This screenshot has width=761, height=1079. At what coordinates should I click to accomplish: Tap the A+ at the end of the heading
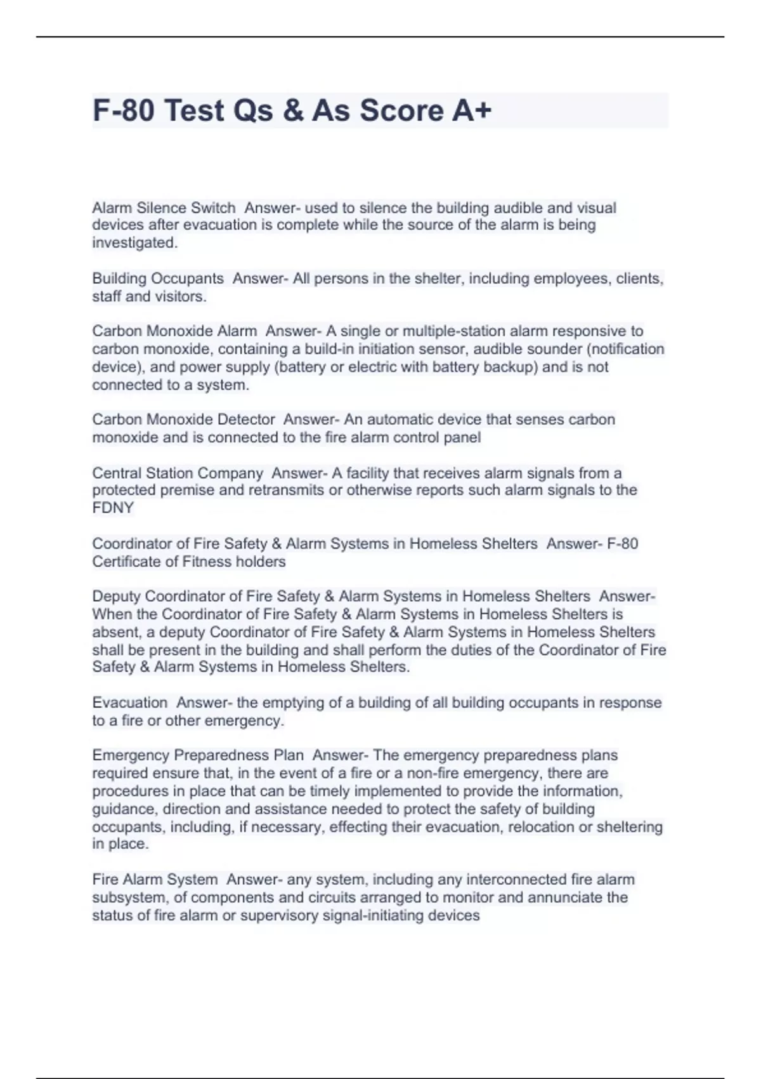coord(472,110)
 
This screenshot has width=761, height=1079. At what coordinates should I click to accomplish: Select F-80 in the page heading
coord(123,110)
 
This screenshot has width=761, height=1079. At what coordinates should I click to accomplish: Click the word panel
coord(462,437)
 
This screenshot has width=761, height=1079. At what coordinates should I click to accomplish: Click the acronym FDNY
coord(113,508)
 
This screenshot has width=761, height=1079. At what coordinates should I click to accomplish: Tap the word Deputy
coord(116,597)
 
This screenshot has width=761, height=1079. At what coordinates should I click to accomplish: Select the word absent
coord(115,632)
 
